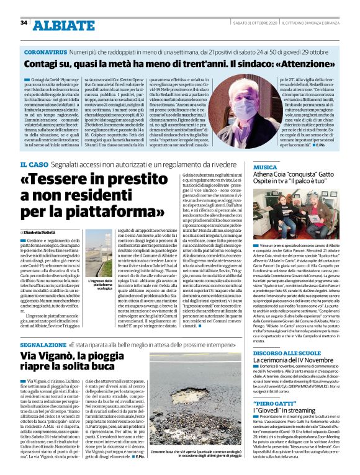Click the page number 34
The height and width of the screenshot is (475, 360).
[24, 22]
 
